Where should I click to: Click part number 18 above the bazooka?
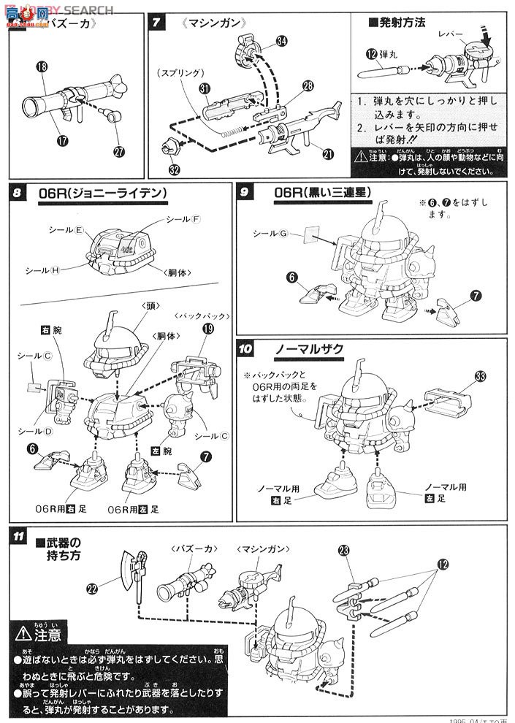[40, 66]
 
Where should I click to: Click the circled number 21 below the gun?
[329, 153]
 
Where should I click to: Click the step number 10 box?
[245, 348]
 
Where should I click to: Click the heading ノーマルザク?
[309, 349]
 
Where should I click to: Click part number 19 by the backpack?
[208, 329]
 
